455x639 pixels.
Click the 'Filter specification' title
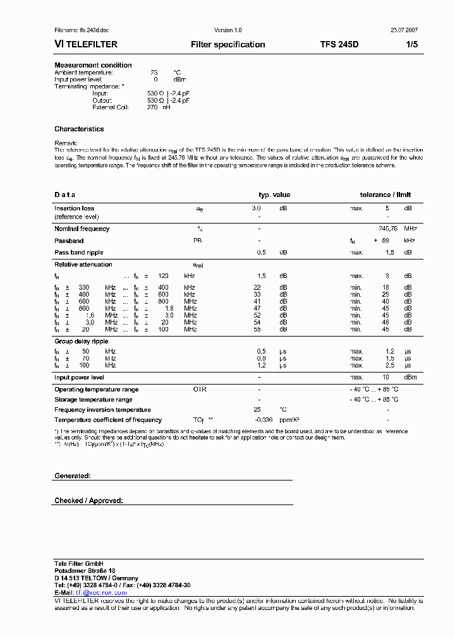pyautogui.click(x=227, y=45)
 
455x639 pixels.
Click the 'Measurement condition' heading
pyautogui.click(x=93, y=65)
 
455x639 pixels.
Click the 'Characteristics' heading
pyautogui.click(x=79, y=129)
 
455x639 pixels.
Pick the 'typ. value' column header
pyautogui.click(x=274, y=195)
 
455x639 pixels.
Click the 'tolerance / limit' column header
pyautogui.click(x=385, y=195)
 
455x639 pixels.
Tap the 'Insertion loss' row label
pyautogui.click(x=74, y=208)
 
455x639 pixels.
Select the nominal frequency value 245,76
pyautogui.click(x=391, y=229)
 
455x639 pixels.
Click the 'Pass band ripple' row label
pyautogui.click(x=78, y=252)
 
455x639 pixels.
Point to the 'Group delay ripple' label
pyautogui.click(x=80, y=342)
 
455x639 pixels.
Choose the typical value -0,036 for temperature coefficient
pyautogui.click(x=264, y=420)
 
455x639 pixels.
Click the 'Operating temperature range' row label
pyautogui.click(x=96, y=390)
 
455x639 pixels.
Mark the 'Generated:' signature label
pyautogui.click(x=73, y=475)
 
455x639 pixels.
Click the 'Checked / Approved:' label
pyautogui.click(x=88, y=501)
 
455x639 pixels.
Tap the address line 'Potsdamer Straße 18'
pyautogui.click(x=85, y=570)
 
